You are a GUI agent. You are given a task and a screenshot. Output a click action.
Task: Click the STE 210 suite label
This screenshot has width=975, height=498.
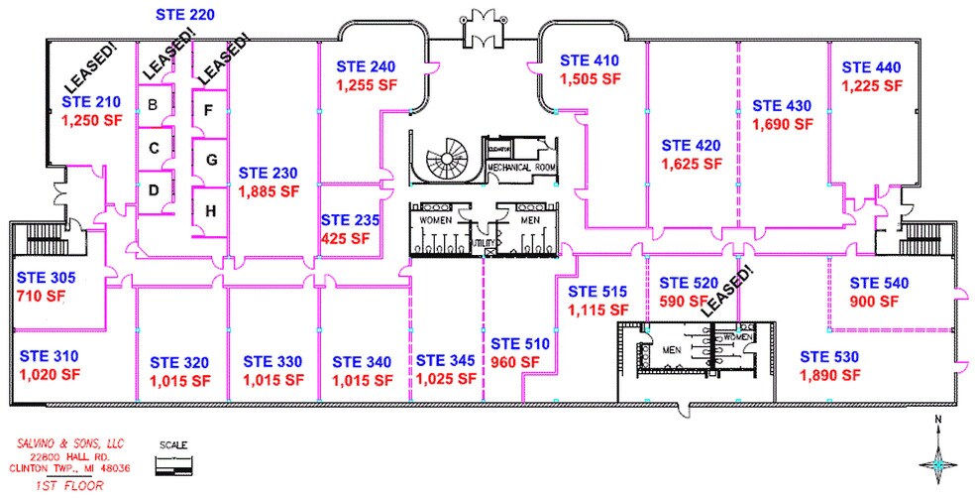tap(91, 101)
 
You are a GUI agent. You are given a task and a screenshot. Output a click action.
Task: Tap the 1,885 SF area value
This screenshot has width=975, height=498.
tap(268, 189)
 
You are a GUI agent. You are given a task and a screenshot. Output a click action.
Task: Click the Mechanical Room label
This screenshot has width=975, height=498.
tap(519, 168)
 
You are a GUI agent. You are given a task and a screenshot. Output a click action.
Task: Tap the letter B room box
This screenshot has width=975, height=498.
tap(154, 104)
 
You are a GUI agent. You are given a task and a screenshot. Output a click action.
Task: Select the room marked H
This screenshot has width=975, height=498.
tap(209, 209)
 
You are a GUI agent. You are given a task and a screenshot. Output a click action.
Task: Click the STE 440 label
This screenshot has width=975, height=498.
tap(872, 67)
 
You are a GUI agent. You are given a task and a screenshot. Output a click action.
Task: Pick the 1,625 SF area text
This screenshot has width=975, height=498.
tap(692, 164)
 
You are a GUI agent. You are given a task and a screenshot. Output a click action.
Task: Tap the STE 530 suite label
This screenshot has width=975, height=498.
tap(829, 356)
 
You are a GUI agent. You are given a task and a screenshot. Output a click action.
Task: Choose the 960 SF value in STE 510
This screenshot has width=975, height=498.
tap(515, 361)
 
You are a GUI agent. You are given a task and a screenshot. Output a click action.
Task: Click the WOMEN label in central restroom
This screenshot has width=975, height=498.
tap(435, 218)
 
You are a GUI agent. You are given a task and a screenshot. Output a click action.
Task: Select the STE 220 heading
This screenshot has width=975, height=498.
tap(186, 15)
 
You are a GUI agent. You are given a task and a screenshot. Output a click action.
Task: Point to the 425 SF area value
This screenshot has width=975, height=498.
tap(345, 238)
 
